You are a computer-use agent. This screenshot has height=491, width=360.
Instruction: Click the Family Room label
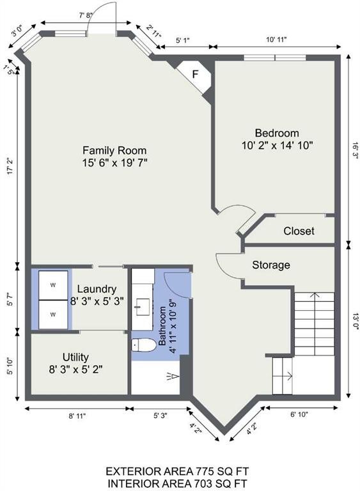[114, 150]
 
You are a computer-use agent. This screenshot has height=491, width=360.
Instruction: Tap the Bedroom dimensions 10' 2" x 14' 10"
[278, 146]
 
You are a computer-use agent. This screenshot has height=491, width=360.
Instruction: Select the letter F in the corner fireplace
[195, 75]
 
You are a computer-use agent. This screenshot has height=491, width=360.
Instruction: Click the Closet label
[299, 231]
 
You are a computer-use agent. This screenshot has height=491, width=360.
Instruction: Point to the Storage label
[271, 265]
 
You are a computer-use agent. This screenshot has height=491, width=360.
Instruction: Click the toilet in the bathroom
[144, 345]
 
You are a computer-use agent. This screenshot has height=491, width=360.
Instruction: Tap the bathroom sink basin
[143, 307]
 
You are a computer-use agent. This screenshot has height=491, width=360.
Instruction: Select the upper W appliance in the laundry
[53, 285]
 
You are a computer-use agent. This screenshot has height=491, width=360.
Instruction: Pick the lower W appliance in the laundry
[53, 315]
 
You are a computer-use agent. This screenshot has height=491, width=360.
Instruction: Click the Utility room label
[75, 357]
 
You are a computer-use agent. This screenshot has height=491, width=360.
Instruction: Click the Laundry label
[97, 289]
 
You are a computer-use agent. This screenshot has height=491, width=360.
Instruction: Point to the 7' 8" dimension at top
[84, 15]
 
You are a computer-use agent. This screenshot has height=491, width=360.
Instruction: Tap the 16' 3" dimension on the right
[356, 151]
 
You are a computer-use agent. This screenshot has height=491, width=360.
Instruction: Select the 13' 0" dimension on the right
[356, 322]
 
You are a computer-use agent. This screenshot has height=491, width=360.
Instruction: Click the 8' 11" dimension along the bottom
[77, 416]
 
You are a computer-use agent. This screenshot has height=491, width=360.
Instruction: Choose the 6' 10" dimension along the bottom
[299, 414]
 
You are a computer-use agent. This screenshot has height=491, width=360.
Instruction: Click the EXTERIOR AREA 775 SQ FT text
[177, 471]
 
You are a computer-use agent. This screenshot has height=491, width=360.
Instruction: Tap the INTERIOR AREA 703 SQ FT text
[177, 483]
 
